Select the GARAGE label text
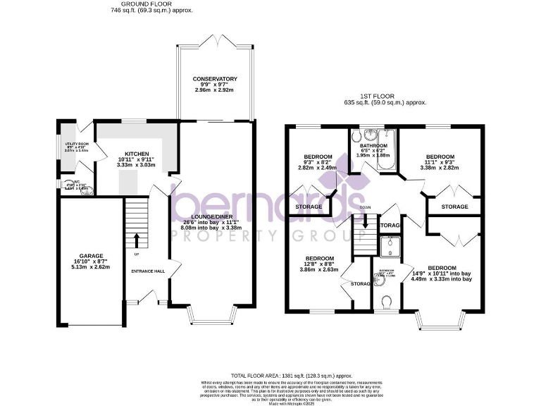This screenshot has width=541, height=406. (x=91, y=256)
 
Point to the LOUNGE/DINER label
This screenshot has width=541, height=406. (x=211, y=217)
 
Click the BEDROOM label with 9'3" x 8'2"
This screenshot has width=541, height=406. (x=313, y=156)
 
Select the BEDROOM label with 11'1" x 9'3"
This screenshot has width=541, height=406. (x=440, y=156)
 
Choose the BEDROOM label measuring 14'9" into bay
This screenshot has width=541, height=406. (x=442, y=268)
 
